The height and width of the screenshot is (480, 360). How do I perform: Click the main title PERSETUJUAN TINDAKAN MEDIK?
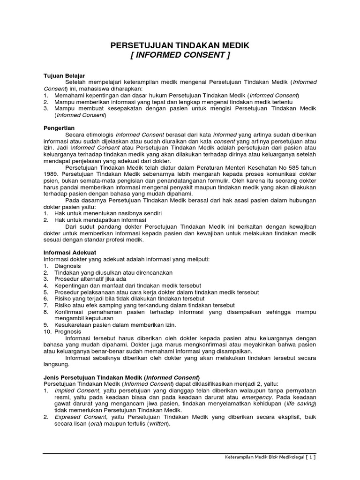point(180,45)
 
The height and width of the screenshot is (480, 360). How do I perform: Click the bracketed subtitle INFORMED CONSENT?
point(180,56)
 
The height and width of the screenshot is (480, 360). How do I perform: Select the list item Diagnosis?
point(67,266)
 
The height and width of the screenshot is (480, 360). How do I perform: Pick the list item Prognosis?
point(68,331)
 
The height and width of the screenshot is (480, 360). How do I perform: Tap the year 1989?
point(51,174)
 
